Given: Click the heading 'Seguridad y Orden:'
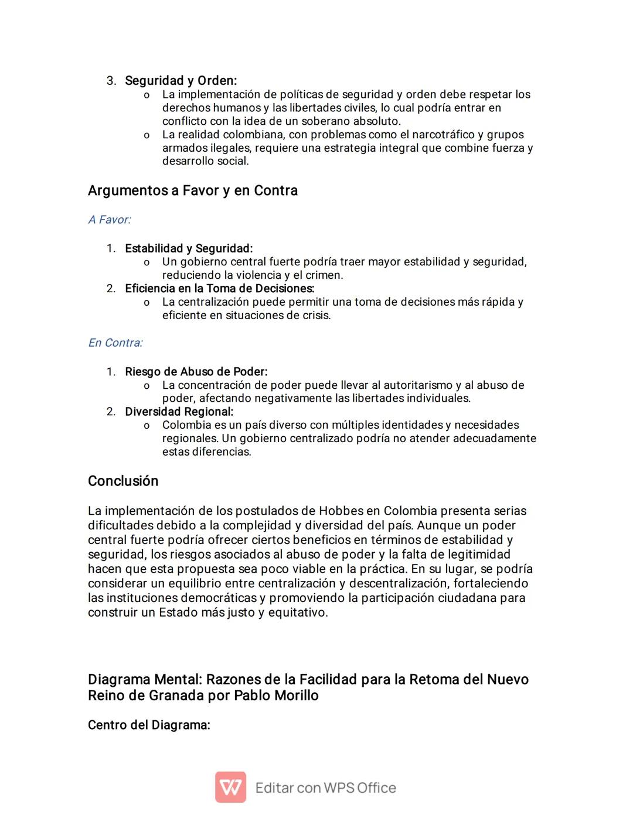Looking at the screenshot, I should click(181, 80).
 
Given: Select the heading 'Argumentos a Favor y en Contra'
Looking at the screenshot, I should click(192, 190).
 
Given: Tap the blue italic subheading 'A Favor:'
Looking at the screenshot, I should click(110, 220).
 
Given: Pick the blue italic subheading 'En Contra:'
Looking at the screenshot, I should click(115, 343).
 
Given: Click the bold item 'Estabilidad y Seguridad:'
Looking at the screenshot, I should click(188, 248).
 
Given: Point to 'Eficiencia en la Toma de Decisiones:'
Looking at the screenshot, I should click(219, 288).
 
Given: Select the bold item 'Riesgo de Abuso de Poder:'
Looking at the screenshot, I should click(196, 372).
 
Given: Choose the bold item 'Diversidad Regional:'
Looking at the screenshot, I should click(179, 412).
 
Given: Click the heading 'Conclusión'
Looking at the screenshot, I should click(123, 481).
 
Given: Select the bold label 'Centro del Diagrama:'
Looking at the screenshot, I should click(149, 725).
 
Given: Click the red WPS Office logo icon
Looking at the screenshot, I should click(230, 787).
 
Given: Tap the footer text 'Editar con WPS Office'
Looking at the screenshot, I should click(325, 788).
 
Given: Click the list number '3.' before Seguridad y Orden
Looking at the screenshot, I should click(111, 81).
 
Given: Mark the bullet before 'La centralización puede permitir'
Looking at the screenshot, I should click(147, 303).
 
